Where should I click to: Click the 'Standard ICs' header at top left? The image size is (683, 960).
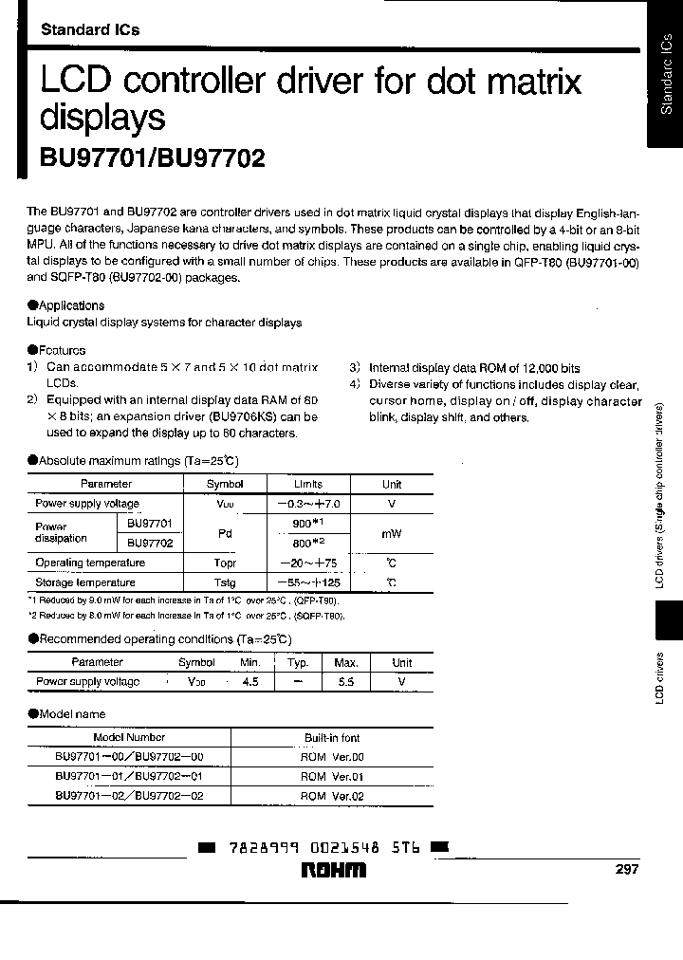click(90, 29)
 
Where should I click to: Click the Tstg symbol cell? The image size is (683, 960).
click(225, 582)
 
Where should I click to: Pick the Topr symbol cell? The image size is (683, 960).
click(225, 563)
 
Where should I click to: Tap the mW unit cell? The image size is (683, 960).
click(392, 533)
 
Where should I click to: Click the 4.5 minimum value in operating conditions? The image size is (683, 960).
click(250, 681)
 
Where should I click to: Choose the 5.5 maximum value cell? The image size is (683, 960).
click(346, 681)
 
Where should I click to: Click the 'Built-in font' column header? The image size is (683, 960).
click(332, 737)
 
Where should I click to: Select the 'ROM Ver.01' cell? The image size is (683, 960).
click(332, 776)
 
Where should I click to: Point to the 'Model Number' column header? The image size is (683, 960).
click(129, 737)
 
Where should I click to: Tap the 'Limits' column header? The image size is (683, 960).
click(308, 484)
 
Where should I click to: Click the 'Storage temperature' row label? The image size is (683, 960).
click(85, 582)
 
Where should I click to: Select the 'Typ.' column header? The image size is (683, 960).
click(298, 662)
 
